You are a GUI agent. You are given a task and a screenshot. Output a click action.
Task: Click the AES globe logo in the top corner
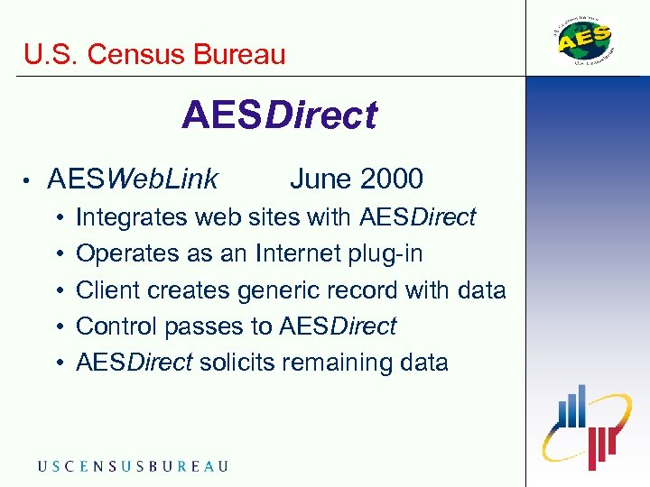(583, 40)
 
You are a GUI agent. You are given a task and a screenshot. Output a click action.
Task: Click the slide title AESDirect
(279, 116)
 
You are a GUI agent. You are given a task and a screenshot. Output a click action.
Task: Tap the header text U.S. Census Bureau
(154, 54)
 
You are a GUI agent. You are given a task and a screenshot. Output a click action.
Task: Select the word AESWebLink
(133, 179)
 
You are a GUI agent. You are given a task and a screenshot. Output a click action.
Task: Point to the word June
(320, 179)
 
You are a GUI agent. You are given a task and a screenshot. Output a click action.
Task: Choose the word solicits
(237, 363)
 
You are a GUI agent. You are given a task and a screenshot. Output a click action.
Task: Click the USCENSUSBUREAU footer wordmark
(133, 466)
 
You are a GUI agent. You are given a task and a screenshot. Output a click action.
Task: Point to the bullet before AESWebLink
(30, 180)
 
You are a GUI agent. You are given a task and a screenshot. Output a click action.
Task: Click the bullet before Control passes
(59, 327)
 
